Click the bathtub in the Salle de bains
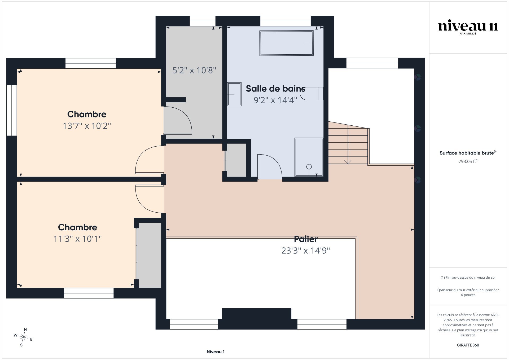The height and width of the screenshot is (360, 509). point(286,43)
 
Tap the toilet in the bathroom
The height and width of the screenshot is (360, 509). point(312,93)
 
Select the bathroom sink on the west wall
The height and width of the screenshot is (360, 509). point(234,94)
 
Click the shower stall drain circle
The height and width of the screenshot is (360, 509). point(309,167)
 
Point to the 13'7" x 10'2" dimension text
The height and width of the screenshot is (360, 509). point(87,126)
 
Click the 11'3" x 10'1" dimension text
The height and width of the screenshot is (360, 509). point(77,239)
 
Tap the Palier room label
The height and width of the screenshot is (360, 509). point(306,239)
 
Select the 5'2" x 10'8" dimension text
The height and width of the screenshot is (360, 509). point(194,70)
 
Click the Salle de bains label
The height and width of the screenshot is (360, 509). point(275,89)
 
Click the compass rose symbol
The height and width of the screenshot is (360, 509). point(24,337)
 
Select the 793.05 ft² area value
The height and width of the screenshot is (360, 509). point(468,161)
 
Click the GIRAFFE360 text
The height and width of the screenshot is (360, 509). point(468,345)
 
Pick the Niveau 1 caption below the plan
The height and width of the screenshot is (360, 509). point(216,352)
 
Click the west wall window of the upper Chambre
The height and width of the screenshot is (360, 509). point(12,110)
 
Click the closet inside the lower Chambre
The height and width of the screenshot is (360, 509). point(149,255)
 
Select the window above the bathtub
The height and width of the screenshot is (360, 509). point(285,21)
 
